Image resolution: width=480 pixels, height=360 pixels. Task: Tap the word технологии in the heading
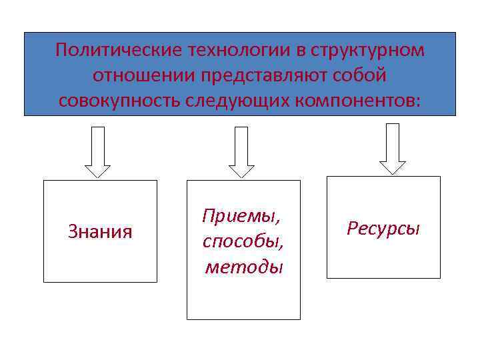228,51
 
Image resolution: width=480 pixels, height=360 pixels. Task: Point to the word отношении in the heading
139,76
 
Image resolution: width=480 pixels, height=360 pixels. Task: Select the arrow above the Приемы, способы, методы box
241,152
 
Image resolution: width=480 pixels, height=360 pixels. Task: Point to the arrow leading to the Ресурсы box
393,149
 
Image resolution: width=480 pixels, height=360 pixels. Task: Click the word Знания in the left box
100,232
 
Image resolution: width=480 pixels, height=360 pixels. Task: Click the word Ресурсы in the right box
383,229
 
